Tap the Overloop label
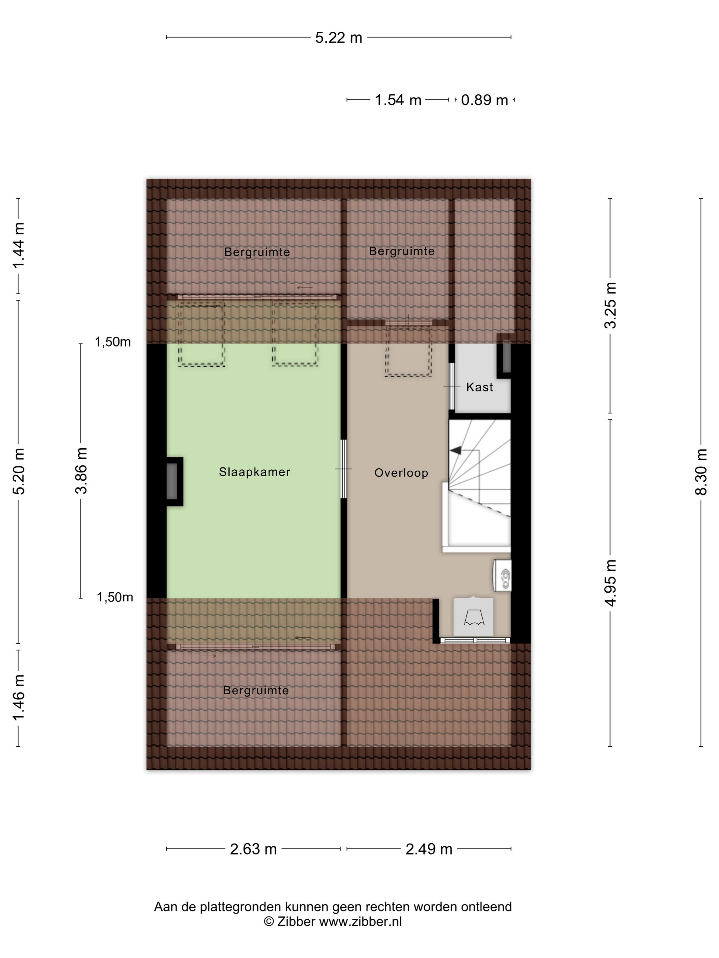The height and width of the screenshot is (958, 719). (x=401, y=472)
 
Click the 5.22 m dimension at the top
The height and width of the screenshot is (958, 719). (x=339, y=38)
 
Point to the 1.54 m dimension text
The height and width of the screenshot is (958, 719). (x=398, y=100)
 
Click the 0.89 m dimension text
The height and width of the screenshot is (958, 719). (x=484, y=100)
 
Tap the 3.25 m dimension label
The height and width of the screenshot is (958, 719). (x=610, y=305)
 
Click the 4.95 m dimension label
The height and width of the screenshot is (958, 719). (x=610, y=583)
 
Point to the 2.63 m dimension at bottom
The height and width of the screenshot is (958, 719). (x=253, y=849)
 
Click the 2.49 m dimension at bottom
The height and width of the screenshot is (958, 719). (x=429, y=849)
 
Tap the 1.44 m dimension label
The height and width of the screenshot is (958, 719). (x=18, y=246)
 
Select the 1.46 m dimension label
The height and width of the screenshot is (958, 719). (x=18, y=698)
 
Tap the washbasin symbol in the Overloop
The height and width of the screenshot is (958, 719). (x=503, y=575)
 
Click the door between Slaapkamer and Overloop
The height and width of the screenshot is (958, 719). (x=344, y=469)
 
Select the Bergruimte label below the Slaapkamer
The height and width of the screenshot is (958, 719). (x=256, y=690)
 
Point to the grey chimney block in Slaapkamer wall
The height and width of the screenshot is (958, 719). (x=172, y=481)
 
